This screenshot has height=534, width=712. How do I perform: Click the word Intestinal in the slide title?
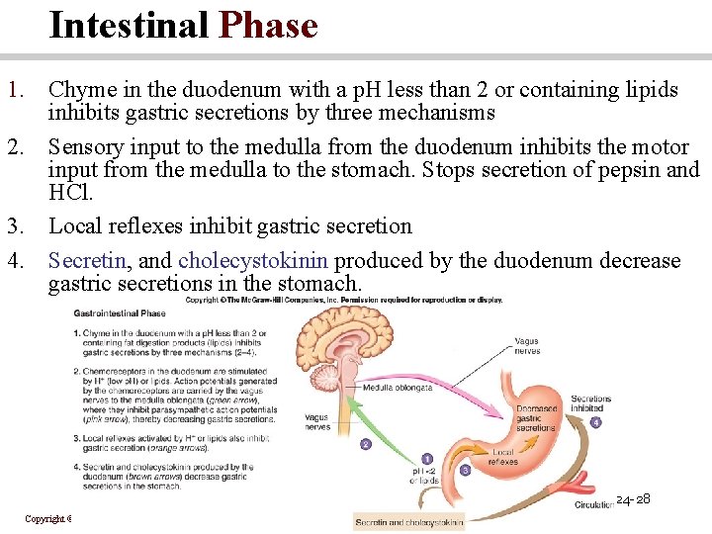click(129, 25)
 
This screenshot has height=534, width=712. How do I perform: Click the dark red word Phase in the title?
click(269, 25)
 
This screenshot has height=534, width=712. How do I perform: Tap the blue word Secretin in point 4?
click(87, 261)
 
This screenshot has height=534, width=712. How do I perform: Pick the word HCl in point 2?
click(67, 192)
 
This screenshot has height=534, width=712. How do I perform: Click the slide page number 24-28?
click(632, 499)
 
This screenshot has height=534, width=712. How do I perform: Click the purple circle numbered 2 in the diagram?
click(365, 445)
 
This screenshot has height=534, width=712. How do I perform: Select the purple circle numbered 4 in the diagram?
click(595, 422)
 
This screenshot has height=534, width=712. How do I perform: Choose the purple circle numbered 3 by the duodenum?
click(465, 470)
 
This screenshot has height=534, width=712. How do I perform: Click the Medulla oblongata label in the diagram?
click(396, 387)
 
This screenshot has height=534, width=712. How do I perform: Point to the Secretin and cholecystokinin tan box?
click(408, 522)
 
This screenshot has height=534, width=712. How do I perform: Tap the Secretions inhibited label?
click(590, 403)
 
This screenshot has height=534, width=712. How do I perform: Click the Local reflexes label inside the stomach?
click(502, 456)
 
